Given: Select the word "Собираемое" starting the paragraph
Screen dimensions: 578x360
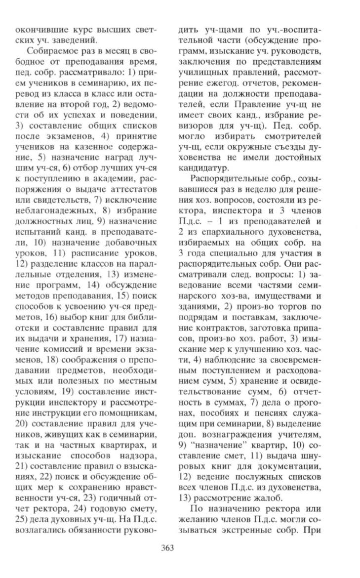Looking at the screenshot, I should (48, 51).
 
